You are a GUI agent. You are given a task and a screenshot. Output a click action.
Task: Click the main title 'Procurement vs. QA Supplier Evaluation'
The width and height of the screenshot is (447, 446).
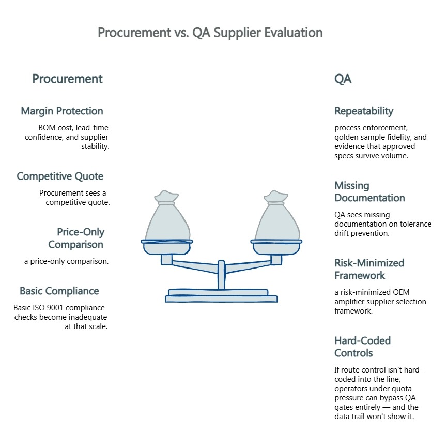click(x=210, y=33)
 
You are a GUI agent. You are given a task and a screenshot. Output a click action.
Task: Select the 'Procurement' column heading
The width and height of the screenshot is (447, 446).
click(x=67, y=79)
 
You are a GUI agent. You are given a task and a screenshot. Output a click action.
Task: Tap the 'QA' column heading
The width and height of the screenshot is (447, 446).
click(x=343, y=79)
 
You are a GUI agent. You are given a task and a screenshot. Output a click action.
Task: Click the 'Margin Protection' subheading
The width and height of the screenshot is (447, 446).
click(x=62, y=111)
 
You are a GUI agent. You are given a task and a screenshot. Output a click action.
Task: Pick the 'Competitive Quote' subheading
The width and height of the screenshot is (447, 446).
click(x=60, y=176)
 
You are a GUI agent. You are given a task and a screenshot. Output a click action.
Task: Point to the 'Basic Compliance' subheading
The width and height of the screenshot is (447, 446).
click(x=59, y=291)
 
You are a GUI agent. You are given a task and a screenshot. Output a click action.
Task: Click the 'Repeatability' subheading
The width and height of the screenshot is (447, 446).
click(x=364, y=111)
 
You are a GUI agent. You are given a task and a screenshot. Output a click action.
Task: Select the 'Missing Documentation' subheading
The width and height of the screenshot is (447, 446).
click(x=369, y=191)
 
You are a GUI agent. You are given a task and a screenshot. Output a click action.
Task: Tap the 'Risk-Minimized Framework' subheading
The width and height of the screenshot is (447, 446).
click(x=369, y=269)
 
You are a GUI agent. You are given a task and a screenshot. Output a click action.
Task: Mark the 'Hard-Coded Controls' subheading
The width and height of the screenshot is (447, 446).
click(x=362, y=347)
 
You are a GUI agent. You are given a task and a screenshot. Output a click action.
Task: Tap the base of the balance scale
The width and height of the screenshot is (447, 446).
click(x=221, y=296)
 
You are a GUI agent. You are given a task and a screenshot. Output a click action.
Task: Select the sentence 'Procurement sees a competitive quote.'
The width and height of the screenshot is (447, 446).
click(x=75, y=198)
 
